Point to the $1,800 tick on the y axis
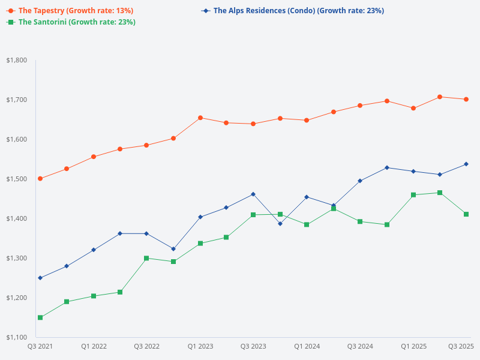16,61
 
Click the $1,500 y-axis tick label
16,179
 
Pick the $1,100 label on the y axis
16,337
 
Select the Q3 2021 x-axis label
40,347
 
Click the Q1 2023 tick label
200,347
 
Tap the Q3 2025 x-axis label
461,347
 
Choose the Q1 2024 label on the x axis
307,347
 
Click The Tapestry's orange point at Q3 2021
40,179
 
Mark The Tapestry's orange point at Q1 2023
200,118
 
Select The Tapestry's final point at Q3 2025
466,100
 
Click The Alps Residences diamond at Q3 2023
253,194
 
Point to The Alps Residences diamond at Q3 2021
40,278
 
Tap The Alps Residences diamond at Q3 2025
466,164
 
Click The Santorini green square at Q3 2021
40,317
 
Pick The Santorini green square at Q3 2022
146,258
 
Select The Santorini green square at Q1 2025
413,195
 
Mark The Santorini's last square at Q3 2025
466,214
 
